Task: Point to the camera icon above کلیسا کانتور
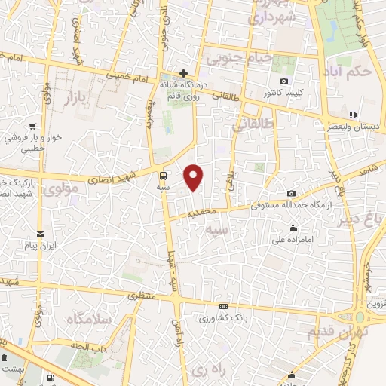283,81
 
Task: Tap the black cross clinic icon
182,73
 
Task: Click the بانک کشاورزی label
225,317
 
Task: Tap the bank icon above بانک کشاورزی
223,306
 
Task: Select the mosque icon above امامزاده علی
293,228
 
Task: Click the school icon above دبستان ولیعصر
353,115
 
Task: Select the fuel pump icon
50,378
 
